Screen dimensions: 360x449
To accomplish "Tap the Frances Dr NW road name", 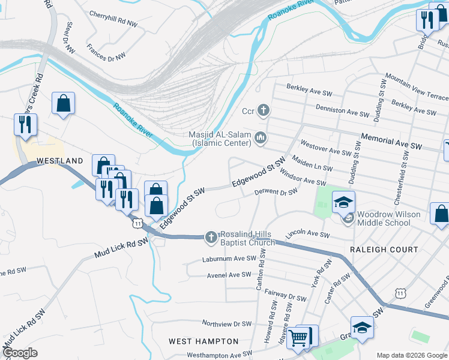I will [106, 51].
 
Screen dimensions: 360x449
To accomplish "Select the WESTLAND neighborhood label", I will [59, 161].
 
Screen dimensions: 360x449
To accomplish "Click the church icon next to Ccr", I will [263, 110].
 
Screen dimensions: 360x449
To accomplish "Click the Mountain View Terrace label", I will [417, 87].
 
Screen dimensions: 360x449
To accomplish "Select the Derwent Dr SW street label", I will [276, 192].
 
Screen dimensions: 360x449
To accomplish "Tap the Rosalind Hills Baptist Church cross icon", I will [211, 237].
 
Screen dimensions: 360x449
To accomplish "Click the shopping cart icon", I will [298, 338].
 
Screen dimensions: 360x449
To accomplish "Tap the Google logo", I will [20, 353].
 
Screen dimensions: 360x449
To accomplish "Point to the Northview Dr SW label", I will [226, 323].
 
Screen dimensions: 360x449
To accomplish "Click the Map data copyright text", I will [411, 355].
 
